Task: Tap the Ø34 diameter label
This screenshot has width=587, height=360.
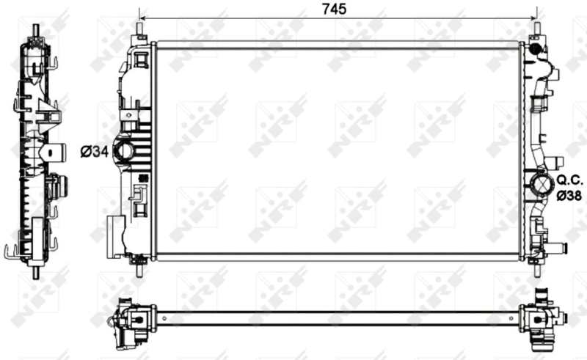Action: pos(93,153)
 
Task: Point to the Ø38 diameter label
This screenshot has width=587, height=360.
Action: pos(569,196)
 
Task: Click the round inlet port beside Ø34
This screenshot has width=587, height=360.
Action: pos(124,153)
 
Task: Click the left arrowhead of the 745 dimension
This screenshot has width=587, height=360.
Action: pos(142,18)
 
